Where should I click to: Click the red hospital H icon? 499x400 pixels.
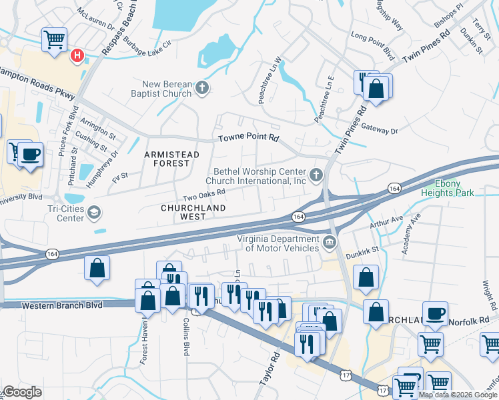[77, 55]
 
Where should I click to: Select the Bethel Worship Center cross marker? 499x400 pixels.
[317, 175]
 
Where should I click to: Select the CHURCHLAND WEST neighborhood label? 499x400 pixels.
[193, 208]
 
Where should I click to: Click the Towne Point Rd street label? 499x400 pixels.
[247, 139]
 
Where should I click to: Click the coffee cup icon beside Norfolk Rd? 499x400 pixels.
[436, 313]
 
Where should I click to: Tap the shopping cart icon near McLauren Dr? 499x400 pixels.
[53, 39]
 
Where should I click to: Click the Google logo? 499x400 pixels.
[22, 392]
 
